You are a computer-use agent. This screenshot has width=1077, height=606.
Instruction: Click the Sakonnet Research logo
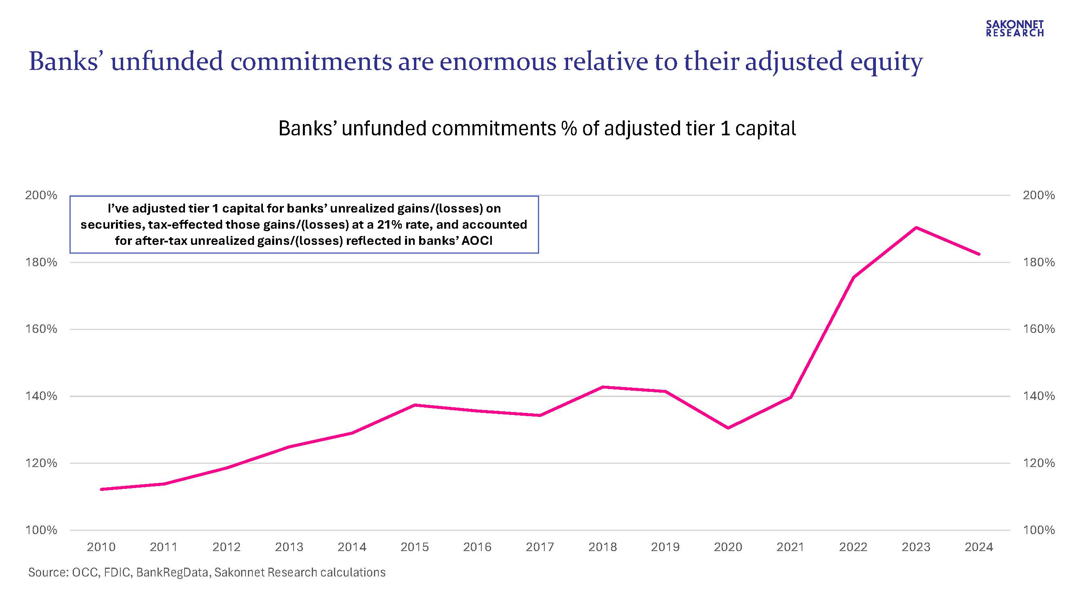1015,28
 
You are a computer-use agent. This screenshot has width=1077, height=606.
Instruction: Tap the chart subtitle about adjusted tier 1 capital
537,128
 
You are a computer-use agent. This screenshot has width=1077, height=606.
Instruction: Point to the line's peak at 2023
915,227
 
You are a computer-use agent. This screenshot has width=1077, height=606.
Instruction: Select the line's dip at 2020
728,428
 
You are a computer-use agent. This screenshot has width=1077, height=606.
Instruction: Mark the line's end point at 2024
979,254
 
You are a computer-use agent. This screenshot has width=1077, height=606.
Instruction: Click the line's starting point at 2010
101,489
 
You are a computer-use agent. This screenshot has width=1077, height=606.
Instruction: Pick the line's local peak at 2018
603,387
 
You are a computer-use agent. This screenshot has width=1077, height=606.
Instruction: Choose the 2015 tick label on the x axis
414,547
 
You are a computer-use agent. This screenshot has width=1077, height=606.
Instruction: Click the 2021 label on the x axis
790,547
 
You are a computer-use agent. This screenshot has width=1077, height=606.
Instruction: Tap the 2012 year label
226,547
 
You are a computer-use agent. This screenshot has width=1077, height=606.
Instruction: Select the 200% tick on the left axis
41,195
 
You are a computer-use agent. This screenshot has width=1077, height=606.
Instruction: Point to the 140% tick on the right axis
1039,396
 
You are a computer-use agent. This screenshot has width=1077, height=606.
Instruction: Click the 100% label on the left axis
41,530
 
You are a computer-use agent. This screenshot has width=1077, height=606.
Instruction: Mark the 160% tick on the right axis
1039,329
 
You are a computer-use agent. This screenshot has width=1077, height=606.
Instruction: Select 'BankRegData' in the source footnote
172,572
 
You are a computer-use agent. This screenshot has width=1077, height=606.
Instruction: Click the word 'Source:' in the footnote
48,572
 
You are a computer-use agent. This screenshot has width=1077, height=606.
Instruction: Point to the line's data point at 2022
853,277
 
